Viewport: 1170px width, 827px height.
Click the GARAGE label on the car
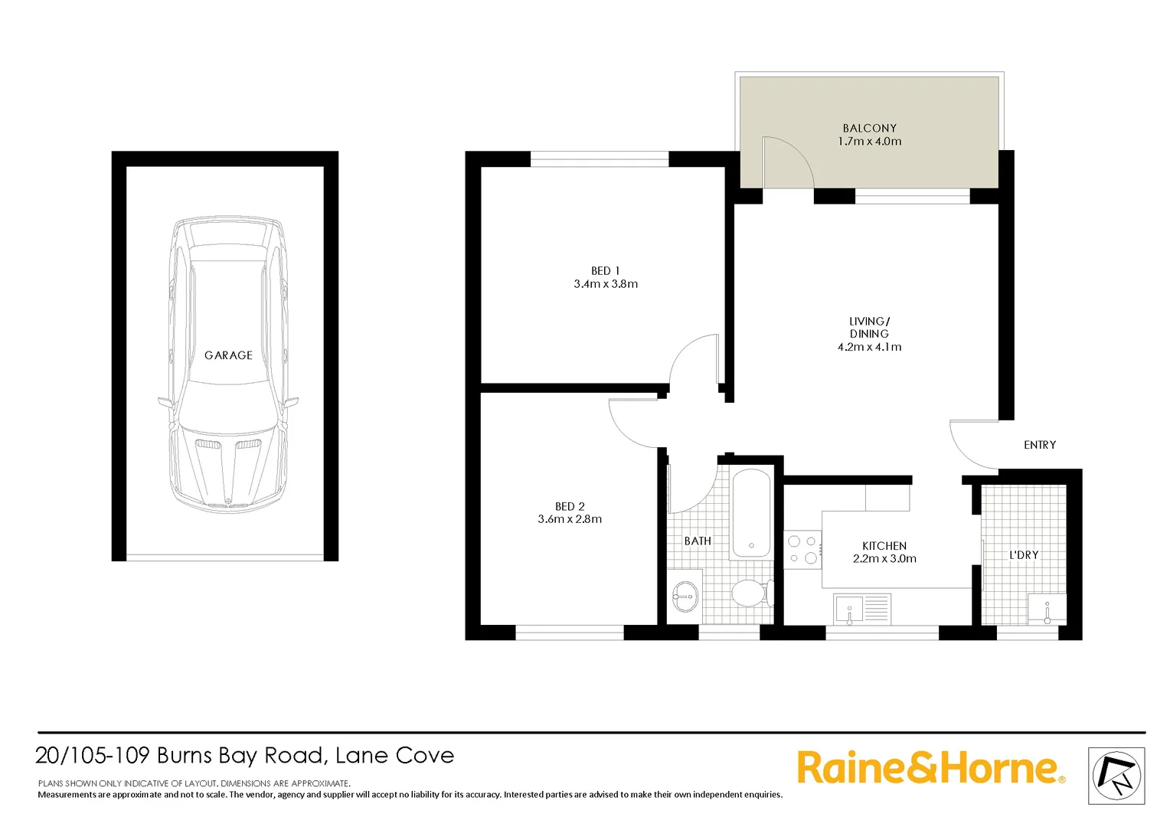tap(228, 355)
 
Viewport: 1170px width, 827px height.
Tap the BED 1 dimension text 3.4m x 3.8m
tap(606, 284)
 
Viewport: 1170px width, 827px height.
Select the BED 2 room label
tap(570, 506)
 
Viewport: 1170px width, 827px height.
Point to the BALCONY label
tap(869, 129)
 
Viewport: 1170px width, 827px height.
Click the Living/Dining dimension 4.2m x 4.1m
tap(869, 347)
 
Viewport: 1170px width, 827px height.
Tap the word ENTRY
tap(1039, 445)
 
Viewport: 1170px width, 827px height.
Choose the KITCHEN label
tap(884, 546)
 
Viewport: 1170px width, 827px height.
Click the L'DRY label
tap(1024, 554)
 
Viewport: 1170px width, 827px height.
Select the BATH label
tap(698, 541)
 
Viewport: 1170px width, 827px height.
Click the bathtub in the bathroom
tap(750, 513)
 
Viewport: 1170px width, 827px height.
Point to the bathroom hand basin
tap(684, 593)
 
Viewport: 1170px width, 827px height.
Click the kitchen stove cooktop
tap(802, 550)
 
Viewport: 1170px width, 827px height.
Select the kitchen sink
tap(849, 610)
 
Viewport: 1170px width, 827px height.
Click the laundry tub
tap(1046, 609)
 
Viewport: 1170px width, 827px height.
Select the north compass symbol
tap(1116, 776)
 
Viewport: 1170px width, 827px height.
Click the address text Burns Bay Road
tap(240, 756)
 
